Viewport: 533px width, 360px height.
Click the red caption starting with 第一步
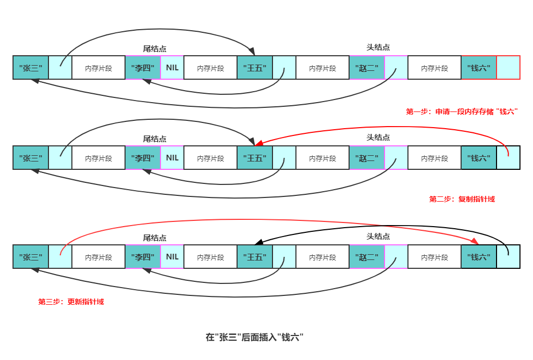point(462,111)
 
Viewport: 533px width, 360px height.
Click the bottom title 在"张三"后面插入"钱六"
point(254,337)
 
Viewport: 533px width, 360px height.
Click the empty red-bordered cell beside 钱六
point(508,68)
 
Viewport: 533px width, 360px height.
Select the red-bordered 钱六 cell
point(478,68)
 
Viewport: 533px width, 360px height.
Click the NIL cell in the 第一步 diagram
point(172,68)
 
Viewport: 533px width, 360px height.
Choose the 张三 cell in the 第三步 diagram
point(31,257)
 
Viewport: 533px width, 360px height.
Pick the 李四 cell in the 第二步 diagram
point(143,157)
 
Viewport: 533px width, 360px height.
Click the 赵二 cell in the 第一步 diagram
point(367,68)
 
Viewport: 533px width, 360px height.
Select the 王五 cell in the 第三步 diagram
point(255,257)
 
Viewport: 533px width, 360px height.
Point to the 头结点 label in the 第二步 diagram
point(378,138)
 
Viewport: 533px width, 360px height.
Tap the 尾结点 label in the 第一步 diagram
point(155,48)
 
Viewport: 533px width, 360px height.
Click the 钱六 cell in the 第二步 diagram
point(478,157)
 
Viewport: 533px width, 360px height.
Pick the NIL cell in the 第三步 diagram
point(172,257)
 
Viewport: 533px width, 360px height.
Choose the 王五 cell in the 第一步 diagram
point(255,68)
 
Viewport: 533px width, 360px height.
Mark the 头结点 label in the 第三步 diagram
point(378,237)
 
